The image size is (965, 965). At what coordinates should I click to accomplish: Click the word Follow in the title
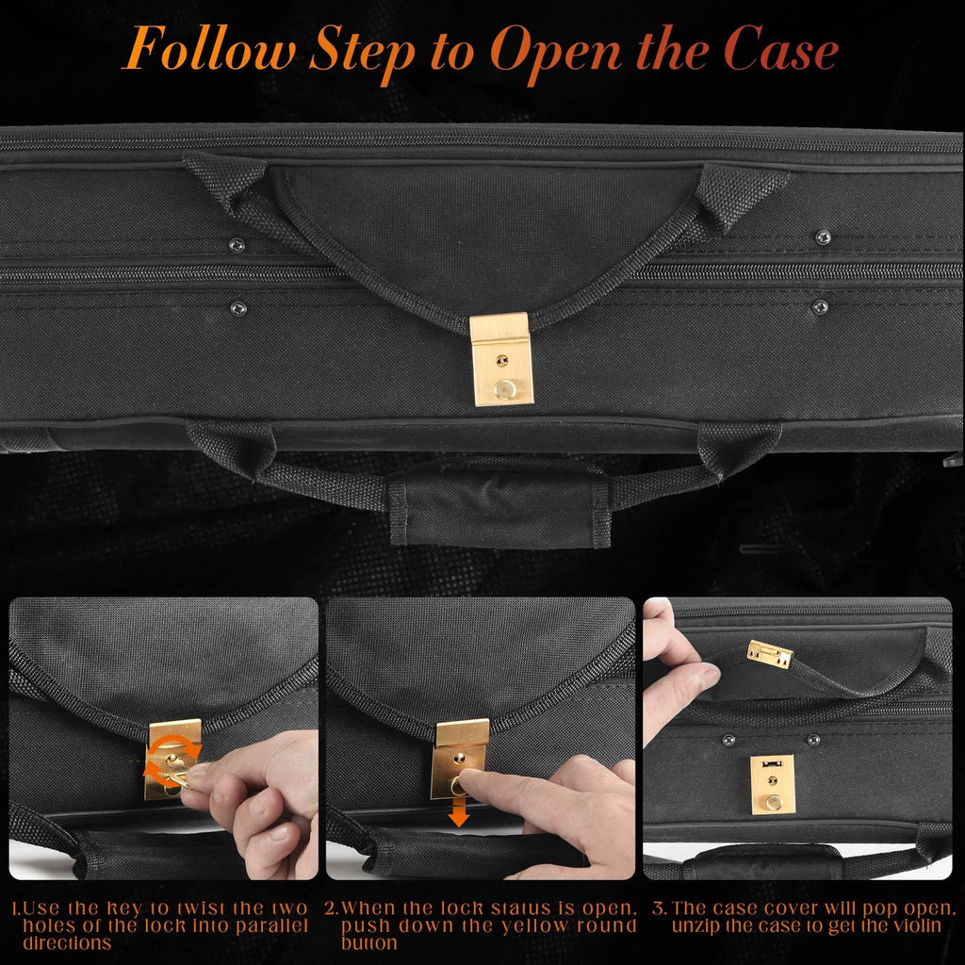coord(209,49)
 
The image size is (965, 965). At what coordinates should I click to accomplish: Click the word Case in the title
coord(779,49)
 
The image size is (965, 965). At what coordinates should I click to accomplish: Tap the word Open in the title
coord(556,54)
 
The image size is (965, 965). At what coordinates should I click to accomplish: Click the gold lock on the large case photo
coord(501,359)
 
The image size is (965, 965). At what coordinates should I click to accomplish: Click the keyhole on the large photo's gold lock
coord(502,360)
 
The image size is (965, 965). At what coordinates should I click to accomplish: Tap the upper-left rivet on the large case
coord(237,245)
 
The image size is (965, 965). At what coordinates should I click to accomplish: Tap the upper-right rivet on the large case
coord(822,237)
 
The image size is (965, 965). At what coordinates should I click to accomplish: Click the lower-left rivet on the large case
coord(237,308)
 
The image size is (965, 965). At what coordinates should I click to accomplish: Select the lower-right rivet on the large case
coord(819,306)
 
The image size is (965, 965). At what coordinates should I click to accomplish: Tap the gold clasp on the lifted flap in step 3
coord(769,654)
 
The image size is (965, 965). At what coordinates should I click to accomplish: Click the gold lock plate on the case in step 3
coord(773,785)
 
